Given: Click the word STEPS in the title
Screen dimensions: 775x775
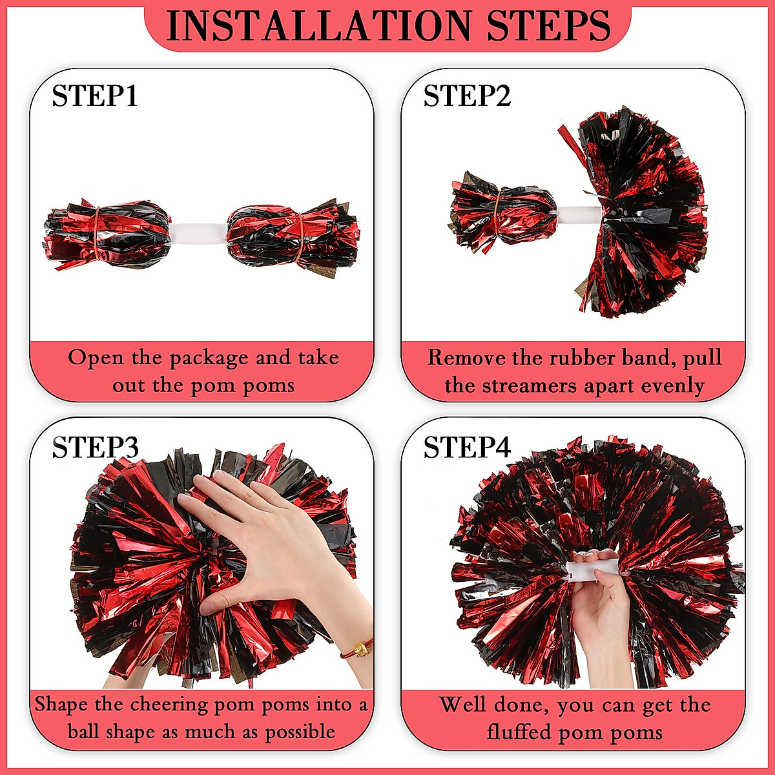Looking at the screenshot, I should pyautogui.click(x=548, y=26).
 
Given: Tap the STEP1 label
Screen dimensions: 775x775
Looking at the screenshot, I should pyautogui.click(x=95, y=96).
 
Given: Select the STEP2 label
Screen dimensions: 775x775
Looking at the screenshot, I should pyautogui.click(x=467, y=96).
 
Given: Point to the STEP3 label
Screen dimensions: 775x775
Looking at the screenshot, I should pyautogui.click(x=95, y=448).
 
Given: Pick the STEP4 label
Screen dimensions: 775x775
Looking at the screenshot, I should pyautogui.click(x=467, y=448).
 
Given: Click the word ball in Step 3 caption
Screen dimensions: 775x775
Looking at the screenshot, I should pyautogui.click(x=84, y=732).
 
